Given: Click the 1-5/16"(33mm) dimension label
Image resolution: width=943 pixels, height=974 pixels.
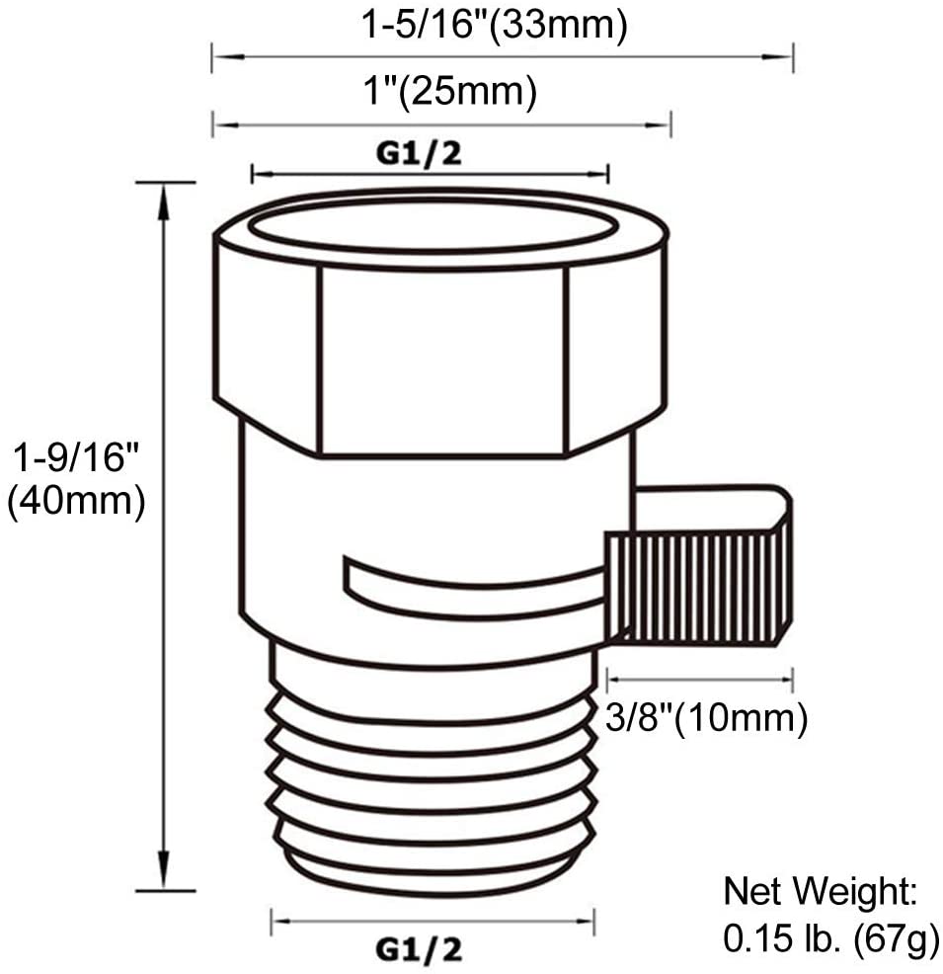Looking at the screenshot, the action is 494,27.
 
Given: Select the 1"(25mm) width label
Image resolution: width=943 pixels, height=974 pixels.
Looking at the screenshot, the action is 450,92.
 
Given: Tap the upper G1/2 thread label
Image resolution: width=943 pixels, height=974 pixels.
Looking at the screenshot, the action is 420,153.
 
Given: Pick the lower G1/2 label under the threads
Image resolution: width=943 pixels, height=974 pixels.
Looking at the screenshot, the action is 420,949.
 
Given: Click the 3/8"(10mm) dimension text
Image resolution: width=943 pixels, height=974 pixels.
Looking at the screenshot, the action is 707,719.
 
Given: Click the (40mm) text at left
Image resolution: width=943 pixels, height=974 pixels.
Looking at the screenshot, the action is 76,501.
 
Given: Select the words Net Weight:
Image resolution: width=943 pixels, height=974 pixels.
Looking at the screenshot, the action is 821,891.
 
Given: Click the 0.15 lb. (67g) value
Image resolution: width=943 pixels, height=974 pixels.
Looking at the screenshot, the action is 831,938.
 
